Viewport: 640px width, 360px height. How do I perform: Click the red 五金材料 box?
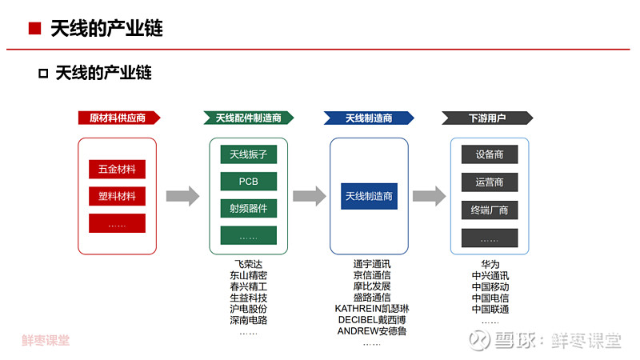click(117, 169)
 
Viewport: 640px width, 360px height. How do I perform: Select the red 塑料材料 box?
click(117, 196)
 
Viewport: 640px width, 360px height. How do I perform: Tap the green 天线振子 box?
click(249, 154)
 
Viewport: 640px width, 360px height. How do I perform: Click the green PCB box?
click(249, 182)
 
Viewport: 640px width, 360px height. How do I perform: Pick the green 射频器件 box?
click(249, 209)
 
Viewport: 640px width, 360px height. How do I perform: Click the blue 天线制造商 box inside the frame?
click(369, 196)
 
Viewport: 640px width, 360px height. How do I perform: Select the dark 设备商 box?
click(490, 154)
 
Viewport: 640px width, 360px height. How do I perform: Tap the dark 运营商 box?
click(490, 182)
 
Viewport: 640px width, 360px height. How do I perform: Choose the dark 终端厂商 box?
click(490, 210)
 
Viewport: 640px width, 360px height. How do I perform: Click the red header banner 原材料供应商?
click(119, 118)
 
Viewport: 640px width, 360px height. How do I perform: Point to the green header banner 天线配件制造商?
click(249, 118)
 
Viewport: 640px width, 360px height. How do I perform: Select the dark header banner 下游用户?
click(487, 118)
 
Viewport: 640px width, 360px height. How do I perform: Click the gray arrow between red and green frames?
click(182, 196)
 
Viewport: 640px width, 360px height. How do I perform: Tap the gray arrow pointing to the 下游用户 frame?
click(429, 196)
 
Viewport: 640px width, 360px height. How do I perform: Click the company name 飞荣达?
click(249, 264)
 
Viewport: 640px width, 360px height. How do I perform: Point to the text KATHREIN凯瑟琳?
click(372, 309)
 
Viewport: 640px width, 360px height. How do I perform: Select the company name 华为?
click(490, 264)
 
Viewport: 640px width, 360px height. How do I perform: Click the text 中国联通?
click(490, 309)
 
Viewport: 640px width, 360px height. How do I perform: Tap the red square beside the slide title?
click(34, 28)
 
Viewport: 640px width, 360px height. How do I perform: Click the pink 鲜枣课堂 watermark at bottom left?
click(46, 340)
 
